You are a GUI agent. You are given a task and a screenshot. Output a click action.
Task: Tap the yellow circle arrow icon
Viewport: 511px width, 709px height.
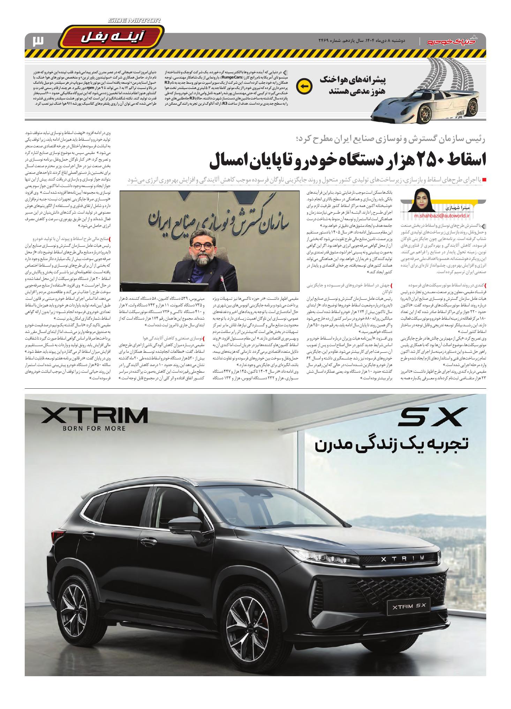click(302, 86)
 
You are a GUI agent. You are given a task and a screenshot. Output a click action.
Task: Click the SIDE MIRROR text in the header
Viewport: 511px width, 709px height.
click(135, 21)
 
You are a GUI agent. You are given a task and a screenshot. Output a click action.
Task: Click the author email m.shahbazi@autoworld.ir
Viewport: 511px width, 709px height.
click(442, 216)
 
